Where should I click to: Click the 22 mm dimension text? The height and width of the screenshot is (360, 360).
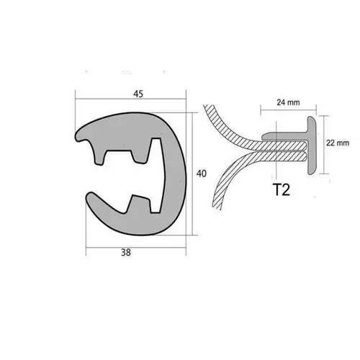point(338,143)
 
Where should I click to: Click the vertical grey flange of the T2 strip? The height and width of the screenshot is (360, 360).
point(314,144)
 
